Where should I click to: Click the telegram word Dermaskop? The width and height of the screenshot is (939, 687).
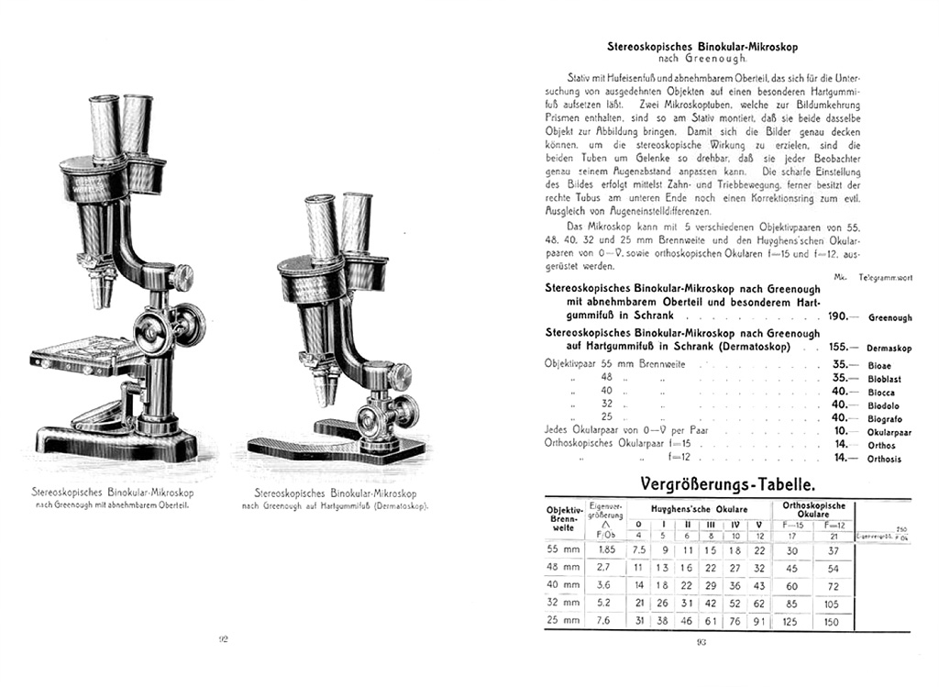[x=889, y=349]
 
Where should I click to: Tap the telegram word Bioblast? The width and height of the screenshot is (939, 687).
[x=885, y=378]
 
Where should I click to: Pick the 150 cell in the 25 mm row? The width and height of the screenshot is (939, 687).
[x=831, y=621]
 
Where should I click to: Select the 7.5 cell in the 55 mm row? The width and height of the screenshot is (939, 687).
[x=639, y=550]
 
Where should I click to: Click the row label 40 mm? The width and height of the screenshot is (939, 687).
[x=563, y=585]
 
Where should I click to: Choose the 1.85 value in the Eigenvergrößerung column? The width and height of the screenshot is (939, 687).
[x=606, y=550]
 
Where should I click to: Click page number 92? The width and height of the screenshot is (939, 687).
[x=223, y=640]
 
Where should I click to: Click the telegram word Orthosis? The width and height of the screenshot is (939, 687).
[x=885, y=459]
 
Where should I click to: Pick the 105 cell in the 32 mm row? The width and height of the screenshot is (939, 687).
[x=831, y=604]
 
